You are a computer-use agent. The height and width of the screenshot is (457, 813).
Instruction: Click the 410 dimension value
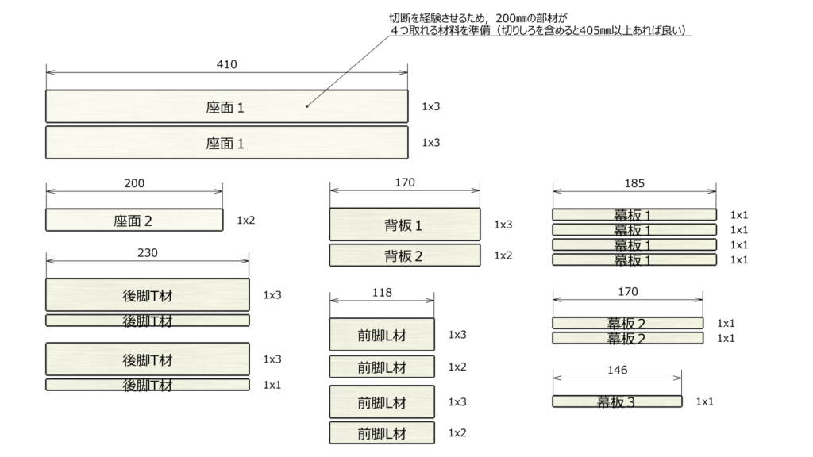coord(226,64)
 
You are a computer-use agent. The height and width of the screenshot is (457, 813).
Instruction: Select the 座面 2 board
coord(134,220)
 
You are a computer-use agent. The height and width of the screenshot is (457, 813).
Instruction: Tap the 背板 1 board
coord(405,225)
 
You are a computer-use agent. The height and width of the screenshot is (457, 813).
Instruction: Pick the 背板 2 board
coord(405,255)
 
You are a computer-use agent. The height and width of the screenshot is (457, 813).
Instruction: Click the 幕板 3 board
coord(616,401)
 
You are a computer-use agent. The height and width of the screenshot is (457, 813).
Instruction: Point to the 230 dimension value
coord(148,253)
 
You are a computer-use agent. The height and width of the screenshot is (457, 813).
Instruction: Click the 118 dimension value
coord(382,292)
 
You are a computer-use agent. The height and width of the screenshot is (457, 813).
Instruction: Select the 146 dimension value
coord(617,370)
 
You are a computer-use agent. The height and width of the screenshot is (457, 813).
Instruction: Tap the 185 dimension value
coord(634,183)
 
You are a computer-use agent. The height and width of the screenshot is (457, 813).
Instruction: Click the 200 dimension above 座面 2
coord(135,183)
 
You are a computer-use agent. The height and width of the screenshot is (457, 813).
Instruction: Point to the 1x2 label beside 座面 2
coord(245,220)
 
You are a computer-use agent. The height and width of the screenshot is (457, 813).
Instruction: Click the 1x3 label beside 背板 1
coord(503,225)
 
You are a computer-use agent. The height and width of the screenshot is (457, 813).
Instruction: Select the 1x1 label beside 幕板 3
coord(705,401)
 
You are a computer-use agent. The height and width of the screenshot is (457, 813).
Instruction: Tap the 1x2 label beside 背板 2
coord(503,255)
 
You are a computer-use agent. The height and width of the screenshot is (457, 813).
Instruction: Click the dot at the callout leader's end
coord(306,105)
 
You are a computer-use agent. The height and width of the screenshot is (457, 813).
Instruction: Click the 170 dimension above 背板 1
coord(405,182)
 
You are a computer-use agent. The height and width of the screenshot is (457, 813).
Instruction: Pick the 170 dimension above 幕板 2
coord(627,292)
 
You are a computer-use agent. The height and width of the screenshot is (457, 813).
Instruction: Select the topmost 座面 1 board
coord(226,107)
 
